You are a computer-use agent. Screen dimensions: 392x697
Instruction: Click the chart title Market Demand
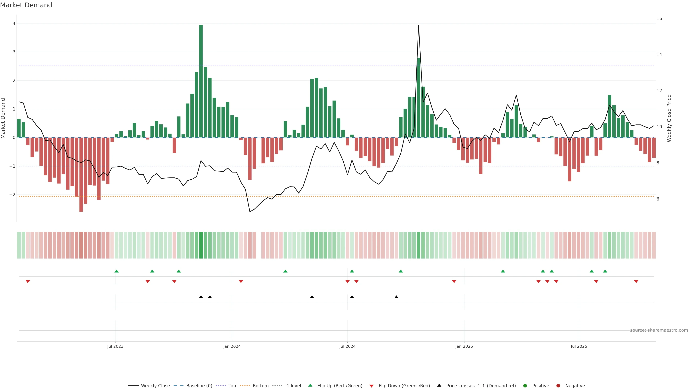(x=26, y=5)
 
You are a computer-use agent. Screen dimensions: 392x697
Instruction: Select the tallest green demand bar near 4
(x=201, y=81)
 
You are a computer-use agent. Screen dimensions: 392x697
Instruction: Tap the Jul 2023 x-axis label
(x=115, y=346)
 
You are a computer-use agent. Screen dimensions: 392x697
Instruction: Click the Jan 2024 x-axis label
(x=232, y=346)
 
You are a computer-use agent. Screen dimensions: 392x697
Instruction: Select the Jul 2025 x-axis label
(x=579, y=346)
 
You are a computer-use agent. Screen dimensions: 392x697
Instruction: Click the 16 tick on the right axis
(x=659, y=18)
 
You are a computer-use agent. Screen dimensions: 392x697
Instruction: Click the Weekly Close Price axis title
(x=669, y=118)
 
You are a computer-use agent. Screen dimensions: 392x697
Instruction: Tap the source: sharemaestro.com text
(x=659, y=330)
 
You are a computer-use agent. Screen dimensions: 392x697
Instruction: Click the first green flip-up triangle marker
(x=117, y=271)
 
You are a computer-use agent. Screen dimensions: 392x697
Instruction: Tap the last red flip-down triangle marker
(x=636, y=282)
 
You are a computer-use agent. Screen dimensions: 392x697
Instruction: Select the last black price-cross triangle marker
(x=396, y=297)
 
